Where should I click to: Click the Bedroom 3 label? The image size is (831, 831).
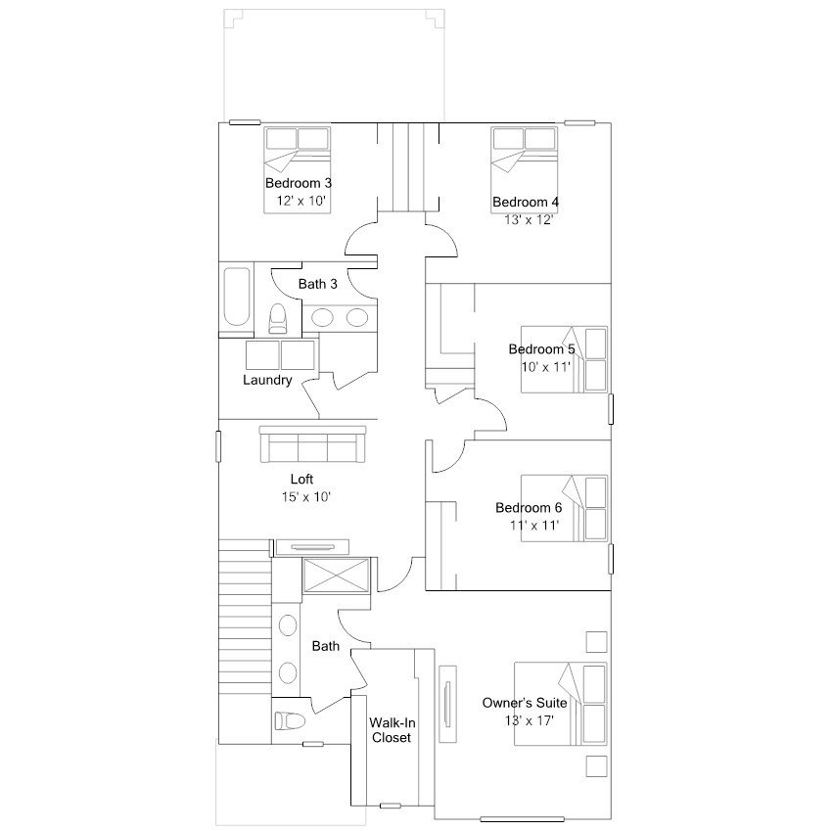(299, 183)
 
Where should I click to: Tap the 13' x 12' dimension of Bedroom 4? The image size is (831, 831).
(529, 219)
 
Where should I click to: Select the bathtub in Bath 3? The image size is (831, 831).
(236, 298)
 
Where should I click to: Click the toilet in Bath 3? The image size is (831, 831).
(277, 319)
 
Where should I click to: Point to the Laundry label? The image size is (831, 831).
(267, 380)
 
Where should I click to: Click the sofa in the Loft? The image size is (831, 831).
(312, 444)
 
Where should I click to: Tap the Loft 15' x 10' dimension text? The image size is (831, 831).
(306, 497)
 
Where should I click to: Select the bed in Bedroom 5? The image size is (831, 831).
(564, 359)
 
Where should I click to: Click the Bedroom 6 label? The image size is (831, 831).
(529, 508)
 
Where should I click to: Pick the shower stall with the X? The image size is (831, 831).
(336, 575)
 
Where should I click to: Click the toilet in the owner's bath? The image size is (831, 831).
(290, 720)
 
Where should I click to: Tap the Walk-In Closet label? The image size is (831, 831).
(392, 730)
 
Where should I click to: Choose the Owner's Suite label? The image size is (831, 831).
(524, 703)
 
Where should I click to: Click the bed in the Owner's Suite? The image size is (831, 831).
(560, 704)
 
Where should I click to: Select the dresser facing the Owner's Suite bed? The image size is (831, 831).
(448, 704)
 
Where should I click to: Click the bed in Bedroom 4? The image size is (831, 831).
(524, 169)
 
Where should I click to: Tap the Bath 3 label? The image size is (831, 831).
(317, 284)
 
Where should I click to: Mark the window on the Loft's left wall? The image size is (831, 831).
(218, 446)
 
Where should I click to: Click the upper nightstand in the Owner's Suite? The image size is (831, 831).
(596, 642)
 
